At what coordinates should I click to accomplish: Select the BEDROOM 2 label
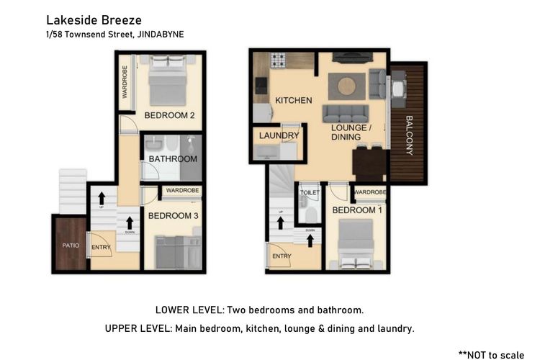tap(169, 115)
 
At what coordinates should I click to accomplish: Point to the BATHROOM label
tap(173, 158)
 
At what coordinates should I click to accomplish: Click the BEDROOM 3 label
tap(173, 215)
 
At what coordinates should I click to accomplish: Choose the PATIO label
tap(70, 246)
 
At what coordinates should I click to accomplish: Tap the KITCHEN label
tap(293, 100)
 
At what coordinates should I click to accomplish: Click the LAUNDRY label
tap(279, 135)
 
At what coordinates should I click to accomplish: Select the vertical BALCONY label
tap(409, 135)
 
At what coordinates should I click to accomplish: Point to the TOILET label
tap(310, 193)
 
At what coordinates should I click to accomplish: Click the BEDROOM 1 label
tap(358, 210)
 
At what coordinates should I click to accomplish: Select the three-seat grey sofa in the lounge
tap(344, 114)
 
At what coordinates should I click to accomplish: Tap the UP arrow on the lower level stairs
tap(102, 199)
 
